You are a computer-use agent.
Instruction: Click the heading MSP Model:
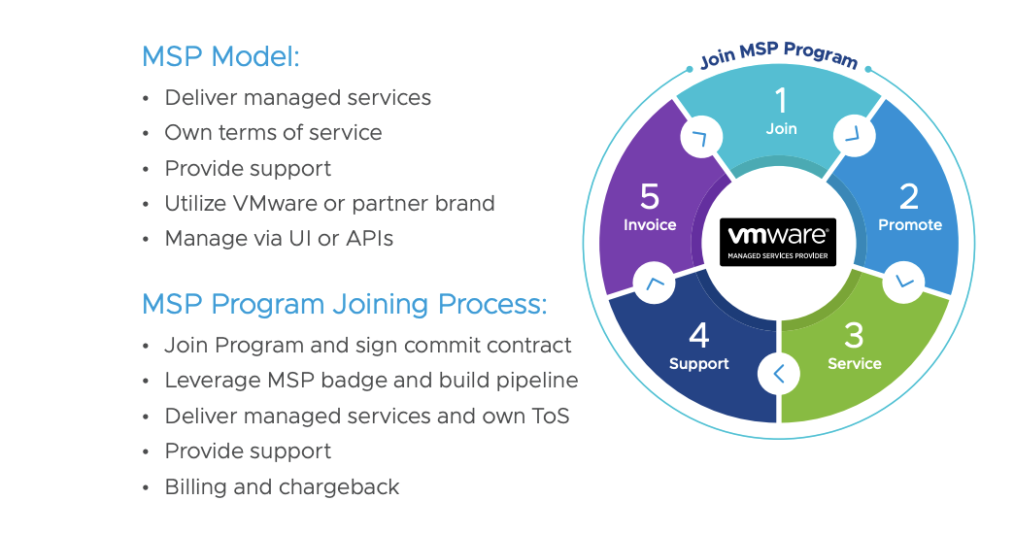[220, 56]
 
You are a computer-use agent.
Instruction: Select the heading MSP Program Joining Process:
[344, 304]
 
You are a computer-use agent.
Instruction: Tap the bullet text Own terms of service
[273, 133]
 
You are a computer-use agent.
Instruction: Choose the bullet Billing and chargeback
[282, 487]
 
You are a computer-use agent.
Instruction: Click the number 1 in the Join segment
[780, 99]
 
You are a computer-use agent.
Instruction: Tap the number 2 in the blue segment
[909, 196]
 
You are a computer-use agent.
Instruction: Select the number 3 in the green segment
[854, 336]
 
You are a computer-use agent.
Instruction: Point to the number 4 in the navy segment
[698, 336]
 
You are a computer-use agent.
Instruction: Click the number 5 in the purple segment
[650, 196]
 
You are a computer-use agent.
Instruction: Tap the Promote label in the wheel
[910, 225]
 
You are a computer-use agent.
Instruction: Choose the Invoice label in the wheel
[650, 225]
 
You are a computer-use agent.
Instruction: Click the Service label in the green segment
[855, 364]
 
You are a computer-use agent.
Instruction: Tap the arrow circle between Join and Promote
[855, 135]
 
